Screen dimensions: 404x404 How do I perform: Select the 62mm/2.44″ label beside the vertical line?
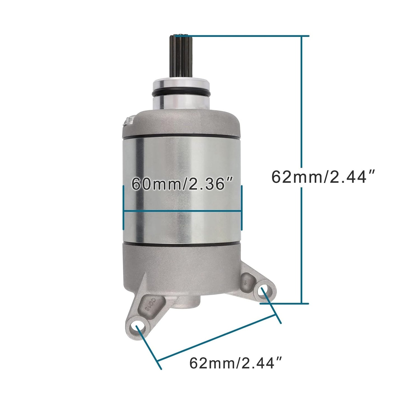coord(323,177)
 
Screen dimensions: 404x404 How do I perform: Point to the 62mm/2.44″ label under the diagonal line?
coord(235,363)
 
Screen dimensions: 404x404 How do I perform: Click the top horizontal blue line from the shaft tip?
coord(246,36)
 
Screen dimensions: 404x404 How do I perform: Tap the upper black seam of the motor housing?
coord(182,137)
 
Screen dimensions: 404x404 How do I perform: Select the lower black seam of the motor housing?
coord(182,244)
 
